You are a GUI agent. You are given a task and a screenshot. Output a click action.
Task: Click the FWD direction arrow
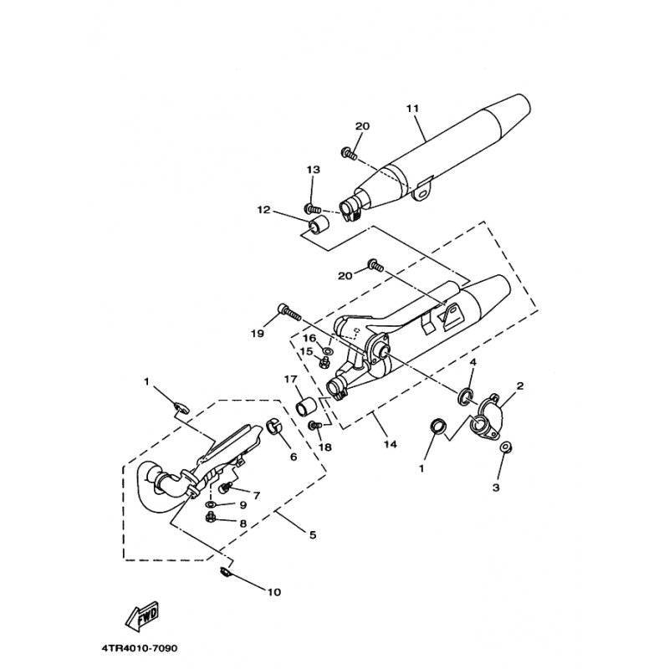(x=142, y=615)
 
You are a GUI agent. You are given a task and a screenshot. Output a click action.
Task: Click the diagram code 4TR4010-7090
(x=140, y=649)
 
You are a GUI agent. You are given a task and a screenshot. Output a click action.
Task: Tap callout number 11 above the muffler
(x=412, y=109)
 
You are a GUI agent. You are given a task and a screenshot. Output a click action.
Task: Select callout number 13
(x=313, y=170)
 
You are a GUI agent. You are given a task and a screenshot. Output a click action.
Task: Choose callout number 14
(x=390, y=445)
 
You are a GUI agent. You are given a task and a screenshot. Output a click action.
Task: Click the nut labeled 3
(x=506, y=447)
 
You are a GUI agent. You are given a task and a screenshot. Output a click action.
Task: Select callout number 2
(x=519, y=386)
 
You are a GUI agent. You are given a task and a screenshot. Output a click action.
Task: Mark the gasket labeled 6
(x=273, y=426)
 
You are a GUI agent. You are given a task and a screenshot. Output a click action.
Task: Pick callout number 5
(x=313, y=534)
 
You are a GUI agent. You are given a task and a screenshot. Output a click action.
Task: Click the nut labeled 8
(x=210, y=518)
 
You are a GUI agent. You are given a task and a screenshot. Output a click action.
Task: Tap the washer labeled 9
(x=211, y=505)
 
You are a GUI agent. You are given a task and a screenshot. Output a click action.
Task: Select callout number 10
(x=274, y=592)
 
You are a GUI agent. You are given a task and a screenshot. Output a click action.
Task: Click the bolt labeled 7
(x=225, y=487)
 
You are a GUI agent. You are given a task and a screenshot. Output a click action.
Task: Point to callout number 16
(x=309, y=339)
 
